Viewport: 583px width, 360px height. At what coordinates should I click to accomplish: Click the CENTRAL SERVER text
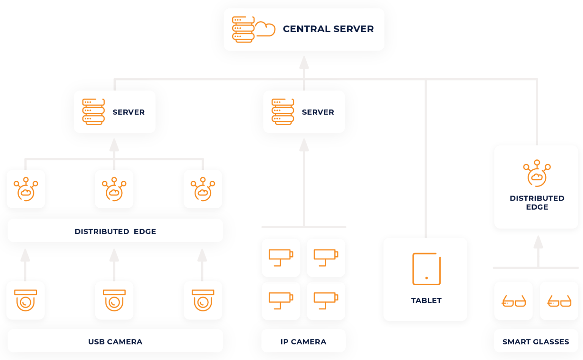tap(328, 29)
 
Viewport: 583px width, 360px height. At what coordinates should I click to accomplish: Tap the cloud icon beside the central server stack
tap(265, 29)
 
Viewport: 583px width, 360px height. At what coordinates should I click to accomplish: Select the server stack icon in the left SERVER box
tap(93, 112)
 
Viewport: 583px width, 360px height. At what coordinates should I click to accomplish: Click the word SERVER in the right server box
tap(318, 112)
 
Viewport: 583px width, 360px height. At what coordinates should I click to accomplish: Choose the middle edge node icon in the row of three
tap(114, 189)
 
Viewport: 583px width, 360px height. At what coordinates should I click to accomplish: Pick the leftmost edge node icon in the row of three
tap(26, 189)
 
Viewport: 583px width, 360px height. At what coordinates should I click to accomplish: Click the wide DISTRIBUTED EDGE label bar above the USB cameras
tap(115, 231)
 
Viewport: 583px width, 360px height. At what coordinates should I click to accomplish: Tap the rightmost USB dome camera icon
tap(203, 300)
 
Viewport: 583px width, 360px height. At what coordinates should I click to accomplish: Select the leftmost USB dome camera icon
tap(25, 300)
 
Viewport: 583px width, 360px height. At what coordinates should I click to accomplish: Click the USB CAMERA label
tap(115, 341)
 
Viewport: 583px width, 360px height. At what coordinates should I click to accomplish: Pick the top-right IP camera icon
tap(326, 257)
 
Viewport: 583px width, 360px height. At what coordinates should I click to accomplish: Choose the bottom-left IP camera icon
tap(281, 300)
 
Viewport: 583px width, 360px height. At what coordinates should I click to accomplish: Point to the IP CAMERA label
tap(303, 341)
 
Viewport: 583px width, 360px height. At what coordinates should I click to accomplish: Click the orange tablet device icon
tap(426, 269)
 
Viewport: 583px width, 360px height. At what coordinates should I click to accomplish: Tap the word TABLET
tap(426, 300)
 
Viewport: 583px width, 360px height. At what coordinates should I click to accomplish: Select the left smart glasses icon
tap(514, 301)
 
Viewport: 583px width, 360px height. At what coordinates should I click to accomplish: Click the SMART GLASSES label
tap(536, 341)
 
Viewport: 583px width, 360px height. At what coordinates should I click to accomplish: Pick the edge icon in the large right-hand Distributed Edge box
tap(537, 173)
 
